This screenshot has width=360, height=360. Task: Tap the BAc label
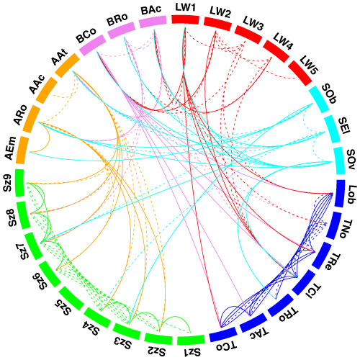[152, 9]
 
